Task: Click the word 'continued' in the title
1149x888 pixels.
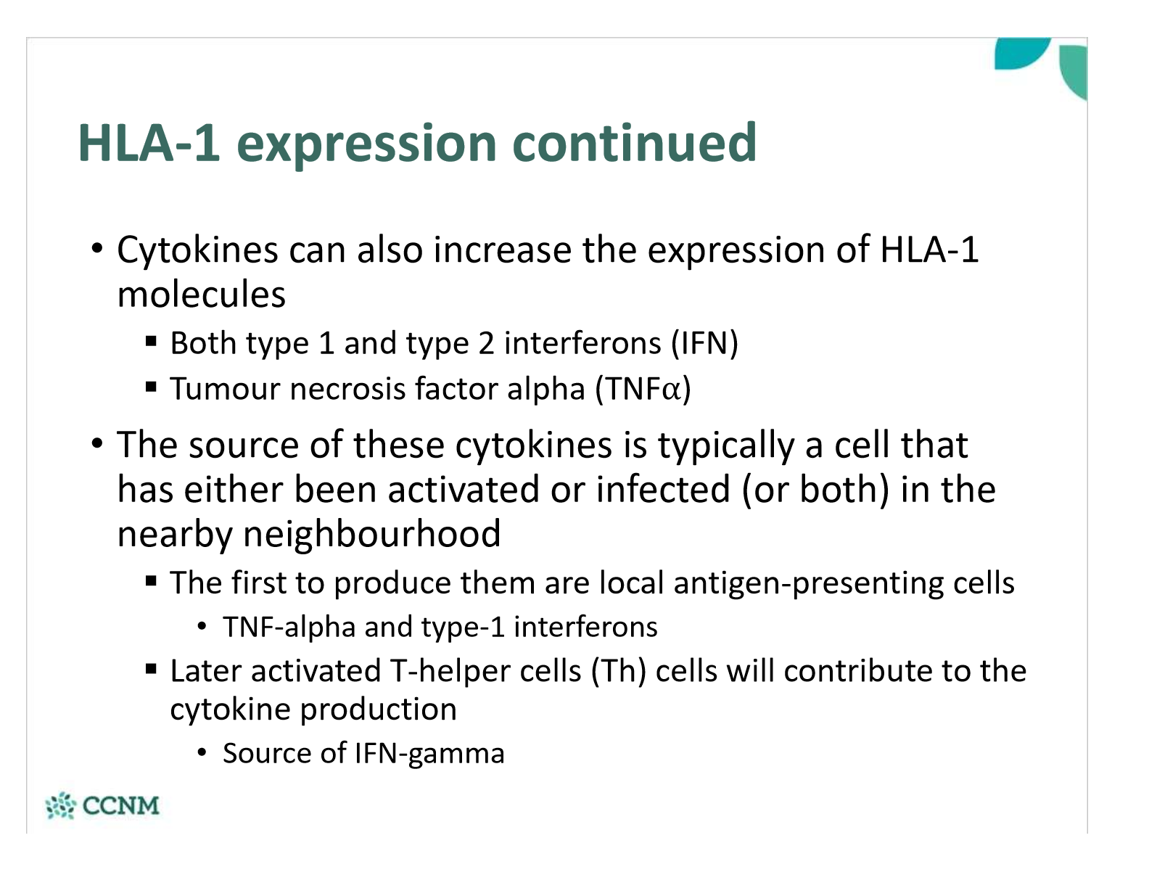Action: [x=635, y=143]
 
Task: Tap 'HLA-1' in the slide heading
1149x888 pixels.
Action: [x=149, y=143]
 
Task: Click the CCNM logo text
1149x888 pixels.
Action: [x=120, y=806]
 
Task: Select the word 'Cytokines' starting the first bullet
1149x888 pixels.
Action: [x=197, y=250]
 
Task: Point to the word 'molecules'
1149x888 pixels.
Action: [x=202, y=295]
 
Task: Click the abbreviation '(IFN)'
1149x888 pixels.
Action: [x=704, y=343]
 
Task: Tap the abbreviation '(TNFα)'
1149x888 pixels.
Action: [x=643, y=389]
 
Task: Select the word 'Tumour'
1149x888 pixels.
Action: [x=225, y=389]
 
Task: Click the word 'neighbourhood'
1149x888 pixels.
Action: [x=371, y=534]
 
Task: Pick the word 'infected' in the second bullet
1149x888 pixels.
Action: [x=662, y=490]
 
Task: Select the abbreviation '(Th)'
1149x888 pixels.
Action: [x=618, y=671]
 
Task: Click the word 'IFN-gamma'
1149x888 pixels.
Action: [x=429, y=754]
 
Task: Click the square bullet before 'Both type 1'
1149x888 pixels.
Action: [x=151, y=341]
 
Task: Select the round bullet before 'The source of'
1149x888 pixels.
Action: [x=97, y=443]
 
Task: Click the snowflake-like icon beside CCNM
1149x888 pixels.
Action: [x=60, y=806]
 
